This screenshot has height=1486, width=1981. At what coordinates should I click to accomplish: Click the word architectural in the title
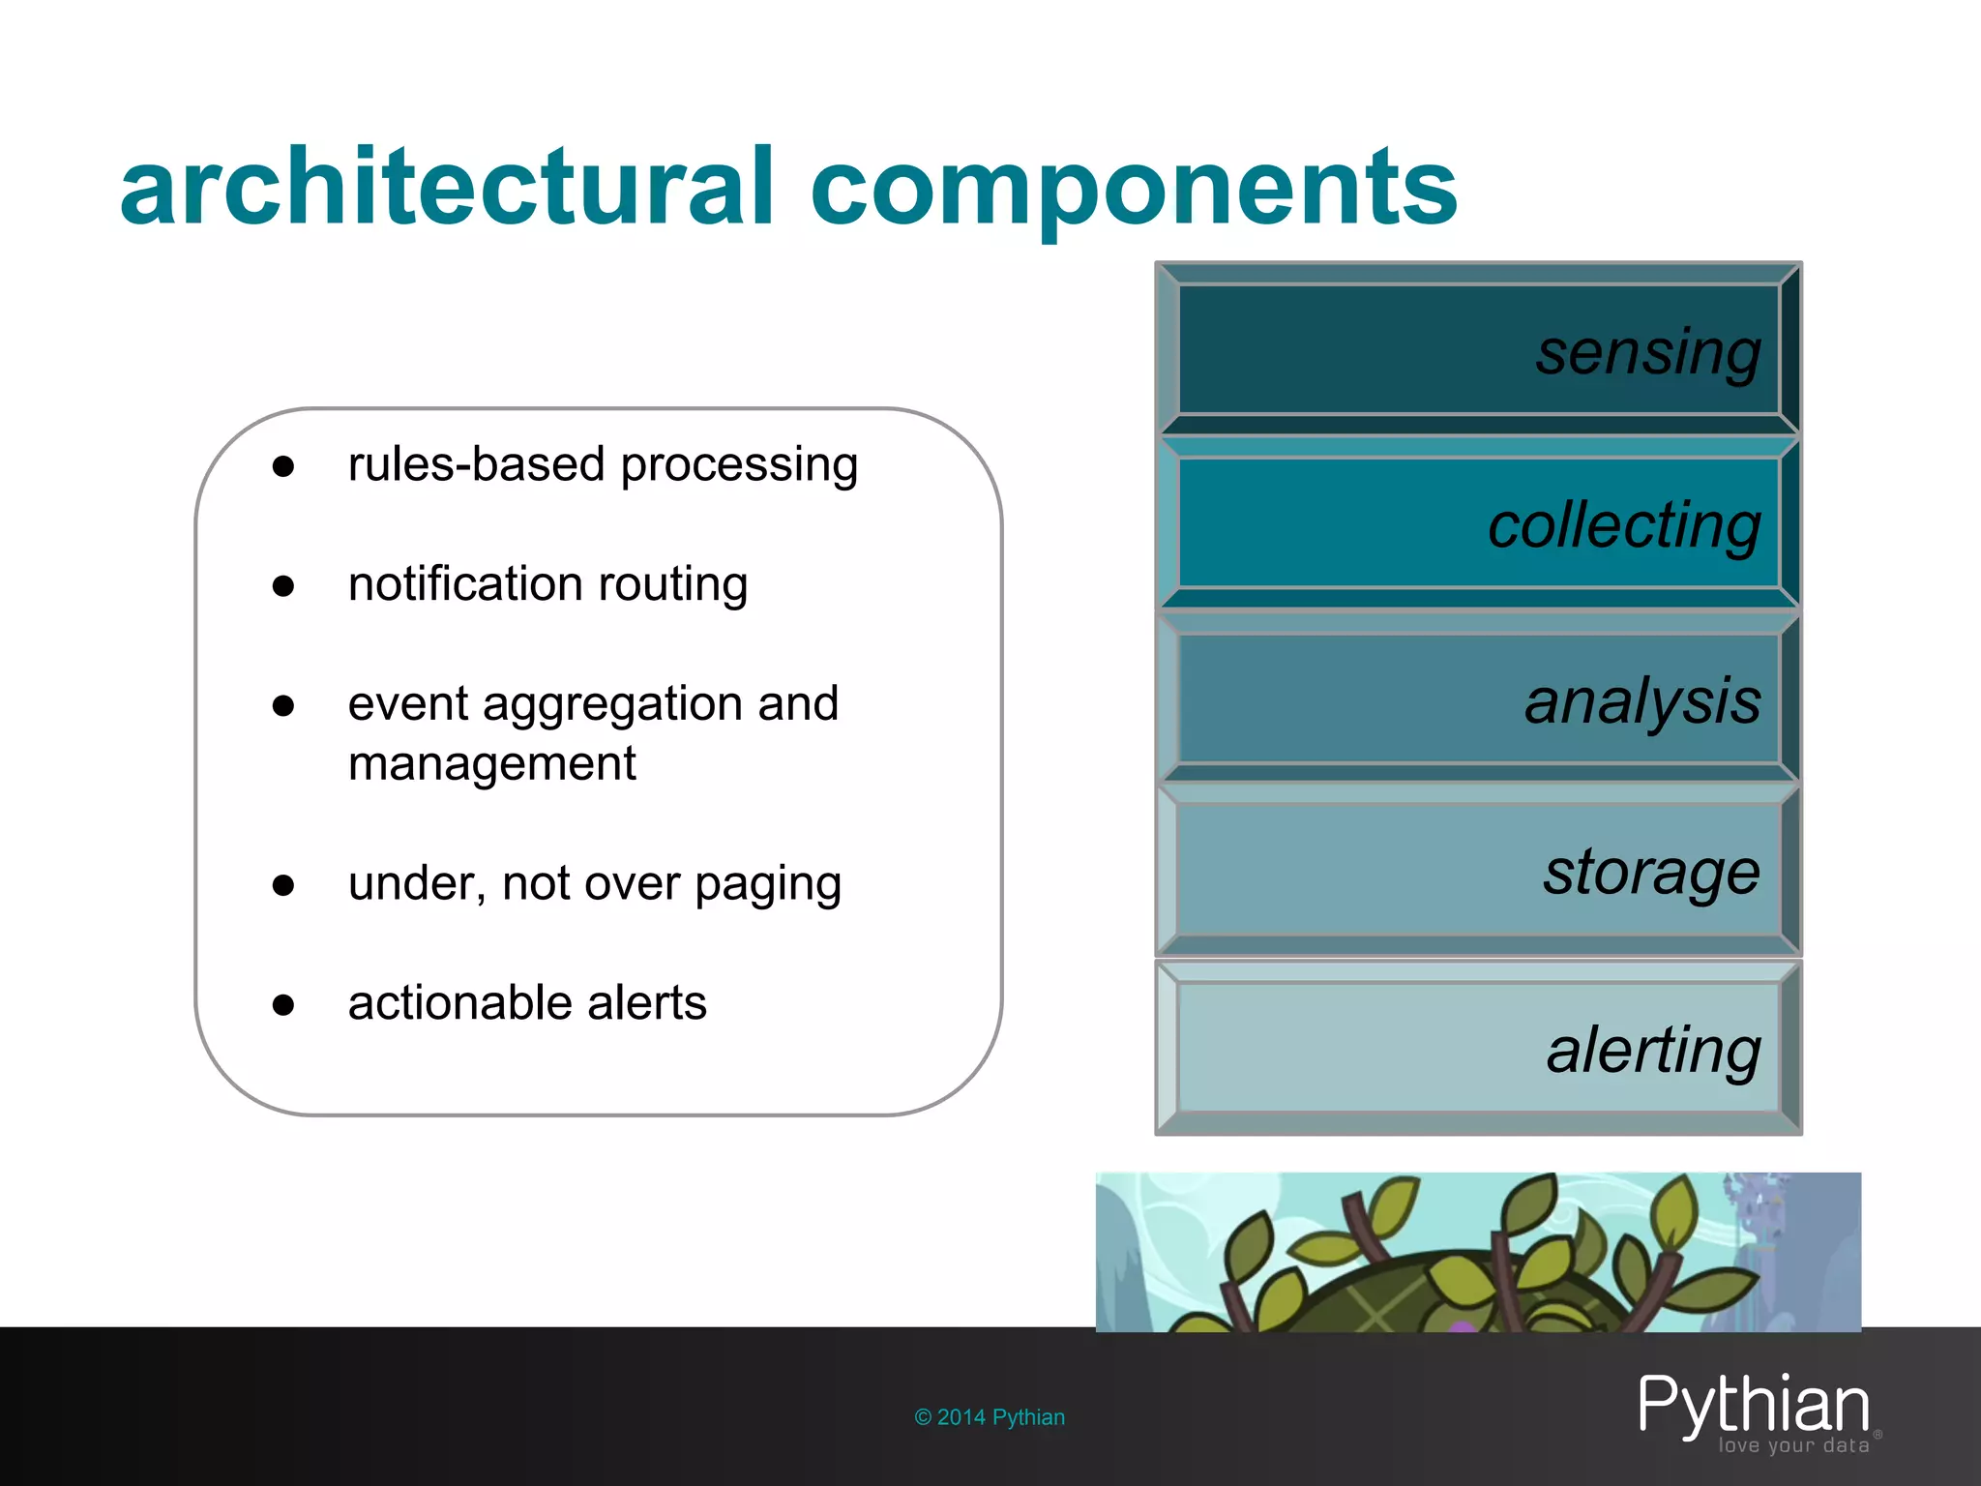447,187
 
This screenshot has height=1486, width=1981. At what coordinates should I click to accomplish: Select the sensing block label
1648,353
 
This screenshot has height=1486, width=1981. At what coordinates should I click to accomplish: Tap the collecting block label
1624,527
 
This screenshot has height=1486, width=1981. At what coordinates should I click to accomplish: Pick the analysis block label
1642,701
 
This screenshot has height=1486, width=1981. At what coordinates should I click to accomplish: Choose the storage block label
1651,874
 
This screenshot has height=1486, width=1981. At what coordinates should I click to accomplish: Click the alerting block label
1653,1051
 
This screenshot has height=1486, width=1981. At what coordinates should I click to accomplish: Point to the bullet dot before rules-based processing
283,467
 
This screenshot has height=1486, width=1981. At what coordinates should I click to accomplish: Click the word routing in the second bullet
673,584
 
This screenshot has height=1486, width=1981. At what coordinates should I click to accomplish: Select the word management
491,763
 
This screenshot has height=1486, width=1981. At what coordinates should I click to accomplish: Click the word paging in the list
768,885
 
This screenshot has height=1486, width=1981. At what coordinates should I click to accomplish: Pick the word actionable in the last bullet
459,1002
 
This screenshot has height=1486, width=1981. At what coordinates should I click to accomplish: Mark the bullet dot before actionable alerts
283,1005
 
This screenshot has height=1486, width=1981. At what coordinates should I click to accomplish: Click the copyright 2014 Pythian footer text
990,1417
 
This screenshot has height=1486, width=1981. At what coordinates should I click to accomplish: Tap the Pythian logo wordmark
1753,1406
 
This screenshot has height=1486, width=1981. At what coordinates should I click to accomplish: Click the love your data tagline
1793,1445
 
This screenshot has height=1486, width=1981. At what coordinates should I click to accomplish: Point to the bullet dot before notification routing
283,586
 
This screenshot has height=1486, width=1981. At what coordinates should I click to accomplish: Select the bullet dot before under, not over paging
283,885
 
